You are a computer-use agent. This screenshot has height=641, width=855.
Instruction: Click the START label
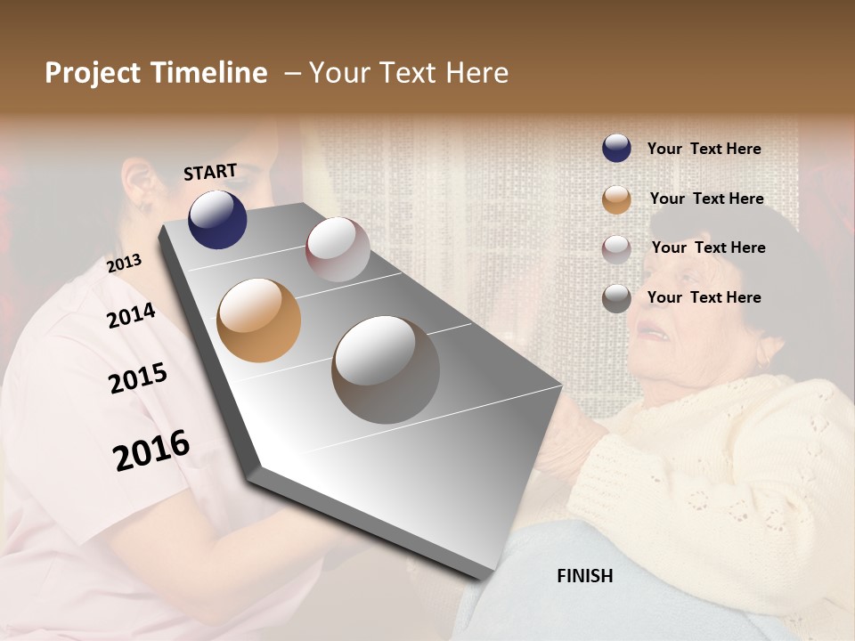pos(210,172)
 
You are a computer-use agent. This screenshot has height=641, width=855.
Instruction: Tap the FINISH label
pos(585,576)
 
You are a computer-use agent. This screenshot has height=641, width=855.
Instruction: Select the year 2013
pos(125,264)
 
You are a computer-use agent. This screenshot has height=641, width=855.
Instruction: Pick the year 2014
pos(131,316)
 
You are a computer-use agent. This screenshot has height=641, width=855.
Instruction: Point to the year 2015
pos(138,378)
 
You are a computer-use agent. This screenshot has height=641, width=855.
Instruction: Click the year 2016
pos(151,450)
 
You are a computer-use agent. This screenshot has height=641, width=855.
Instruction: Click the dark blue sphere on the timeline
pos(217,219)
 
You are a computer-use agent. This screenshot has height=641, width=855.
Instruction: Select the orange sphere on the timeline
pos(258,320)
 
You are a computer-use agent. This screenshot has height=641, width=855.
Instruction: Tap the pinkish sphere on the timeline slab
pos(338,249)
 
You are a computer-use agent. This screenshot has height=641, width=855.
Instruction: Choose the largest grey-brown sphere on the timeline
pos(386,369)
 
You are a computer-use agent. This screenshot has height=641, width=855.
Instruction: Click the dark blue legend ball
pos(616,149)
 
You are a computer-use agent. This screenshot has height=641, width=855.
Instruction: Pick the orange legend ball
pos(616,199)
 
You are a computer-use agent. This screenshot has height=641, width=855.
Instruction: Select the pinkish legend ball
pos(616,248)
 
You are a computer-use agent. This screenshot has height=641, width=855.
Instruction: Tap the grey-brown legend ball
pos(616,298)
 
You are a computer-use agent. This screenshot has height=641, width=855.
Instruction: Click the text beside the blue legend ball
pos(704,150)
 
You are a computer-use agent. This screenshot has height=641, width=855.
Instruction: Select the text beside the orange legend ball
pos(706,199)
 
